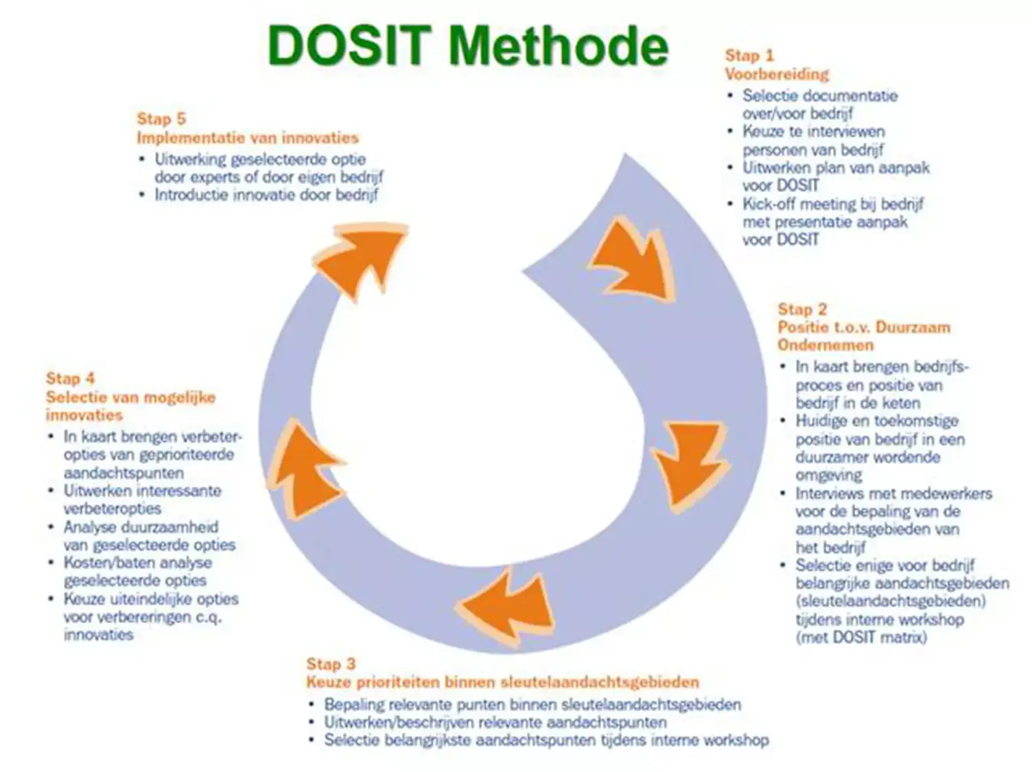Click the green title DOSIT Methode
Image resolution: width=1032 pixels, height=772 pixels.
pos(468,46)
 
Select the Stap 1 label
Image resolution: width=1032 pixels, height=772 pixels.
pos(749,56)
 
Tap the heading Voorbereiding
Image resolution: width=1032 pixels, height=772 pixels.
pos(777,74)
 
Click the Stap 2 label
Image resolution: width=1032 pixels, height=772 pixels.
pos(802,309)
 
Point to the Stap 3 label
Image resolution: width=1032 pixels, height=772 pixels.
pos(331,664)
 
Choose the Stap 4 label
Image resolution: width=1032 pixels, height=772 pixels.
pos(70,378)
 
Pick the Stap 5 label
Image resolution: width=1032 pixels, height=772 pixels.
pos(161,119)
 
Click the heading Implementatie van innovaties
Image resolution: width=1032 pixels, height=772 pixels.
pos(248,138)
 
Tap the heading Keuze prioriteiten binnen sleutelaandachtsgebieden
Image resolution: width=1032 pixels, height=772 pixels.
pos(502,681)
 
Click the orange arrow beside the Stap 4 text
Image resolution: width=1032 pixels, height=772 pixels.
pos(305,470)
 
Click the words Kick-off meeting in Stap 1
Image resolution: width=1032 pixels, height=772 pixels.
pos(799,204)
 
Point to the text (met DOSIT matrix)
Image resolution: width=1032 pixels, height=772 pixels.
pos(861,637)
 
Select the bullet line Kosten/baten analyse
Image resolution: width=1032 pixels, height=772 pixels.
pos(138,562)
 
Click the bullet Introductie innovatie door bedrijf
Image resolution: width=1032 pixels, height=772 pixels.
pos(267,195)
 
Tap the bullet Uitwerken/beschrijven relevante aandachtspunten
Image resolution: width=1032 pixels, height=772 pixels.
pos(495,722)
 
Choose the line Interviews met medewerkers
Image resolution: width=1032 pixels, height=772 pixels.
pos(894,493)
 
